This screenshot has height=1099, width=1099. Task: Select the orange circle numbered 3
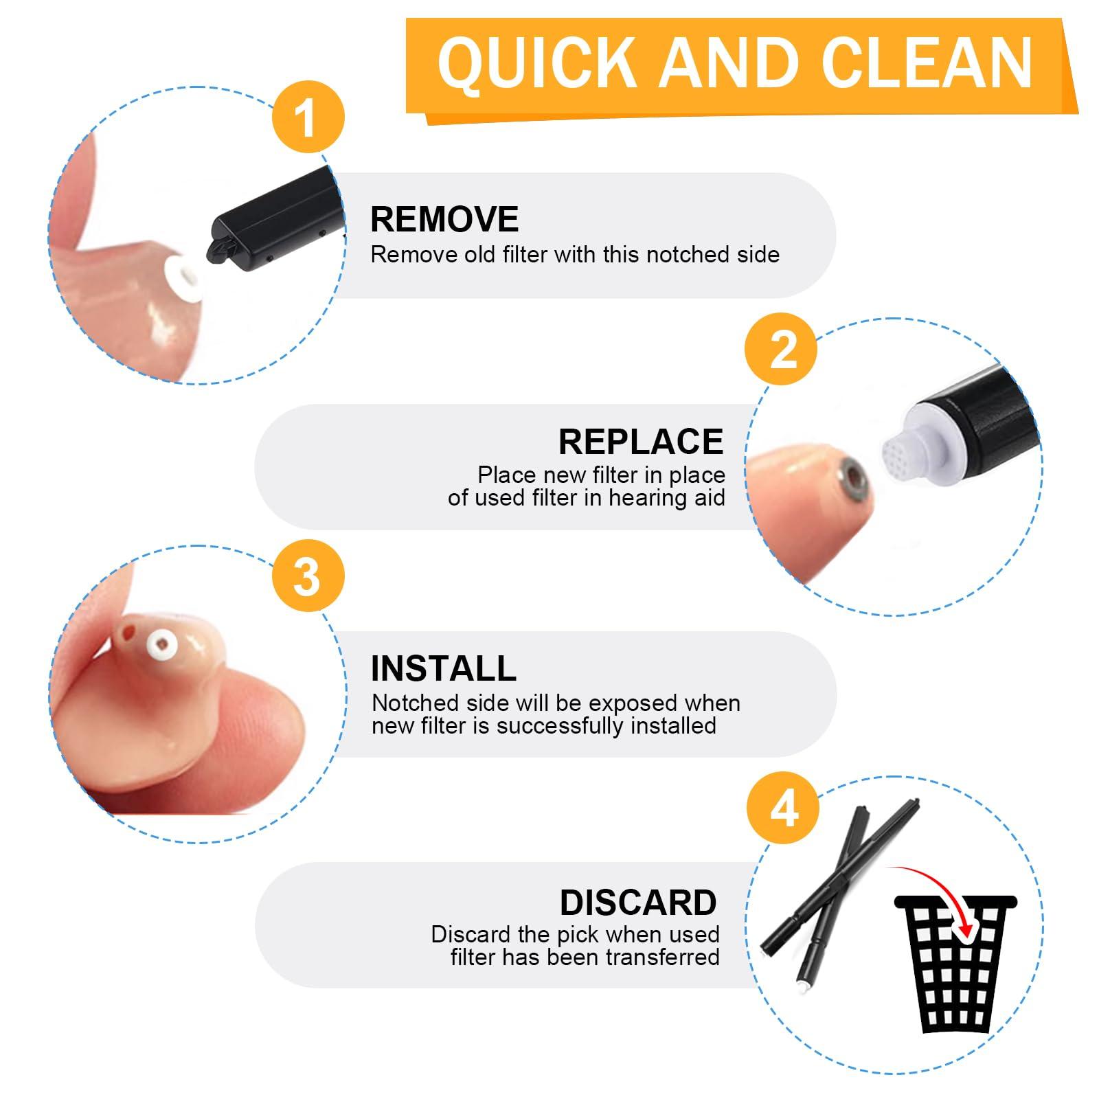click(308, 576)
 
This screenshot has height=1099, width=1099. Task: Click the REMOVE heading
click(444, 219)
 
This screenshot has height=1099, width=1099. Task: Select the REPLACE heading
click(641, 441)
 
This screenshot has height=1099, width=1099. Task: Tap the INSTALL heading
click(444, 668)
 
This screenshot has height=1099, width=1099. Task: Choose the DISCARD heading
click(638, 903)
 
